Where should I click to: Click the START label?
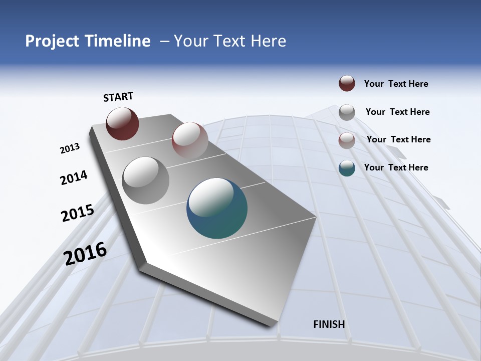118,97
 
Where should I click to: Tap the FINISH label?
329,324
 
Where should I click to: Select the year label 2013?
70,148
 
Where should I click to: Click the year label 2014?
74,177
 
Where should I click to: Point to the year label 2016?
85,253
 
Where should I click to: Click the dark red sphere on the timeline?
122,123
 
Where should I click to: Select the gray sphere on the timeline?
146,180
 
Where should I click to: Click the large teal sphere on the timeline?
217,208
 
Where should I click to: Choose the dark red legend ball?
347,84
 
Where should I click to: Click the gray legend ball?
347,112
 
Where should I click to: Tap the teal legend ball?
347,168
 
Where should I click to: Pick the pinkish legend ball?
347,140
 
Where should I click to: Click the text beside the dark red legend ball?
396,84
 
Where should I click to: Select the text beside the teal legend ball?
396,167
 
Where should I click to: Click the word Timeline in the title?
118,41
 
